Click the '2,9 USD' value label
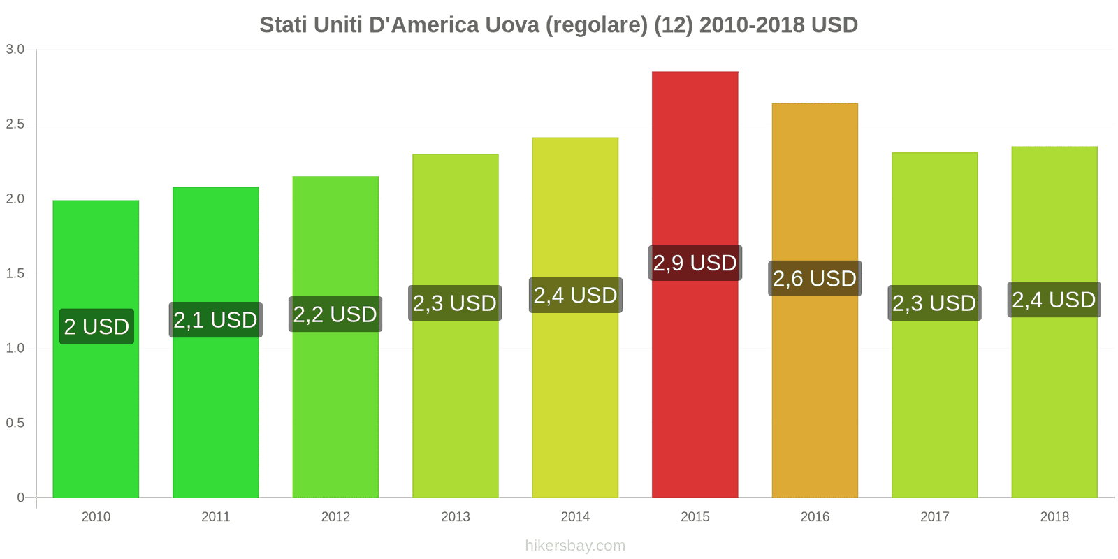click(695, 263)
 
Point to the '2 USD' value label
click(96, 326)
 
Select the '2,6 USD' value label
click(815, 278)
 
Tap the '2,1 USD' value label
click(215, 320)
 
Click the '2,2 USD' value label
click(335, 314)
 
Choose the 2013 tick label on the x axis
click(456, 516)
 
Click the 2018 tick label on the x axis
click(1054, 516)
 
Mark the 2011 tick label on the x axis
click(216, 516)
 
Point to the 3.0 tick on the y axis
click(15, 50)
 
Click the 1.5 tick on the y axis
click(15, 273)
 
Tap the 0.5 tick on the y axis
click(15, 423)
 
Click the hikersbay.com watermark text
click(575, 546)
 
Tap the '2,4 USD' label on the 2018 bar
click(1054, 300)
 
